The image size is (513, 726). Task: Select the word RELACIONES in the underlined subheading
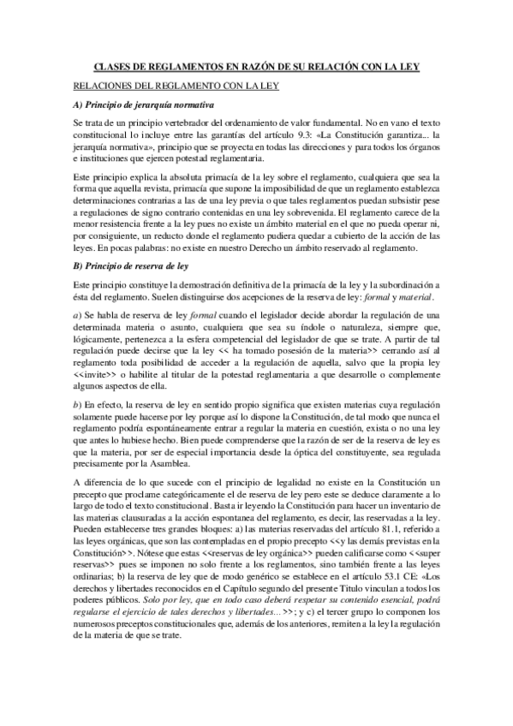pos(103,86)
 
